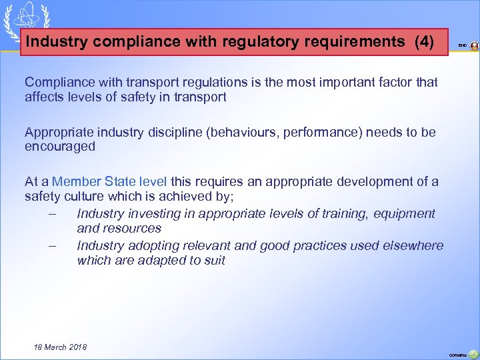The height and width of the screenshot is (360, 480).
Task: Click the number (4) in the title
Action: click(424, 42)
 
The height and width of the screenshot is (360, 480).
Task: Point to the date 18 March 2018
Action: click(60, 347)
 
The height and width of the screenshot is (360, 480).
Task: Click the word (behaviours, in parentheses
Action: click(242, 132)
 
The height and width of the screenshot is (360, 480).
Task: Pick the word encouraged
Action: click(60, 146)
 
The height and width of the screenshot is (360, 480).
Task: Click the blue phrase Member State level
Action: click(109, 181)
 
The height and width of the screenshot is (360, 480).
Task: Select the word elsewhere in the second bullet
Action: click(411, 245)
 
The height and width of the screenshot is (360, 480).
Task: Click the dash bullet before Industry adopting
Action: click(52, 245)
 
